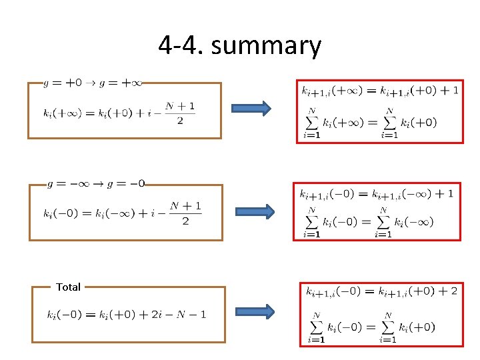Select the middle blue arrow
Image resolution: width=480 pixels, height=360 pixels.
(x=254, y=211)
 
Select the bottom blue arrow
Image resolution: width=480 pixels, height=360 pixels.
(x=255, y=312)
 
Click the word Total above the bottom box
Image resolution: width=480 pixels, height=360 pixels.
(x=68, y=287)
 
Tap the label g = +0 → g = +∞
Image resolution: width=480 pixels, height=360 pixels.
(x=93, y=83)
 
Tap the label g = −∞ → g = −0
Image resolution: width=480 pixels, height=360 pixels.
(x=97, y=183)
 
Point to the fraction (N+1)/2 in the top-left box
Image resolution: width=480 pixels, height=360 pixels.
(x=181, y=113)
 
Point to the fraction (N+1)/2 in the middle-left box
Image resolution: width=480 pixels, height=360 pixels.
(x=185, y=213)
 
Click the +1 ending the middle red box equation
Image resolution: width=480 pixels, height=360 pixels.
(x=447, y=193)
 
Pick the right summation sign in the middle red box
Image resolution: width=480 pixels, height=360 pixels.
(x=383, y=221)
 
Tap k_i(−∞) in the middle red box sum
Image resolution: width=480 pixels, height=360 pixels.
(x=414, y=221)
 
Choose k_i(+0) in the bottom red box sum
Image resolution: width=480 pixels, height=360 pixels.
(x=417, y=327)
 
